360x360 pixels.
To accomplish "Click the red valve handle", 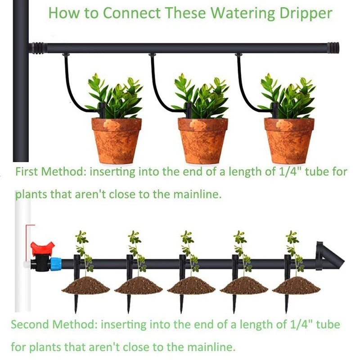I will [42, 248].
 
